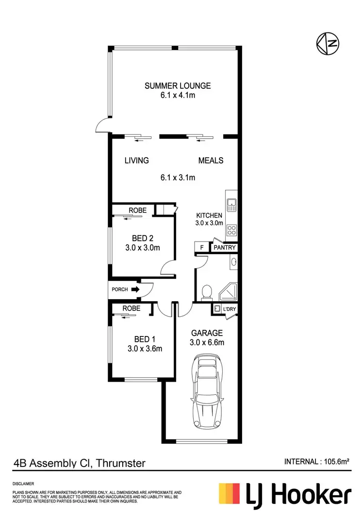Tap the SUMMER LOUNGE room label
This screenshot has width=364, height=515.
tap(178, 86)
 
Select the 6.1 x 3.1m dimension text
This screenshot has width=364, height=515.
tap(178, 177)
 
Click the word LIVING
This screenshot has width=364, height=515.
tap(136, 161)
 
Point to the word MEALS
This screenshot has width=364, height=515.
tap(211, 161)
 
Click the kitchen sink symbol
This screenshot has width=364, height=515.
tap(231, 204)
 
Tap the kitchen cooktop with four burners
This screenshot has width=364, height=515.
tap(232, 231)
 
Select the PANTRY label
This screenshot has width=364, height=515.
tap(225, 247)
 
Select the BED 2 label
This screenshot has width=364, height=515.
tap(143, 238)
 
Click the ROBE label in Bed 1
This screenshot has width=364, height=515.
tap(131, 308)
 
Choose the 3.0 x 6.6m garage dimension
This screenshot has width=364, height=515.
tap(207, 342)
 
